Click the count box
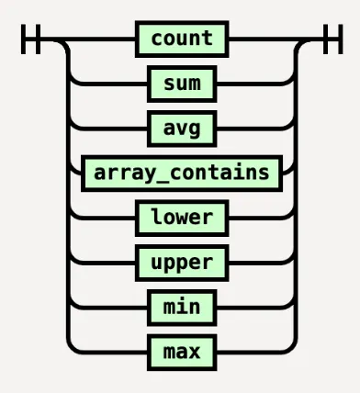click(x=182, y=39)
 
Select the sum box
click(x=182, y=84)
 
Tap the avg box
click(x=182, y=129)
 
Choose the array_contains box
click(x=182, y=173)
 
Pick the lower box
click(x=182, y=218)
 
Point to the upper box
click(x=182, y=262)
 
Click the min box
click(x=182, y=306)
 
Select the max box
click(x=182, y=350)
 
